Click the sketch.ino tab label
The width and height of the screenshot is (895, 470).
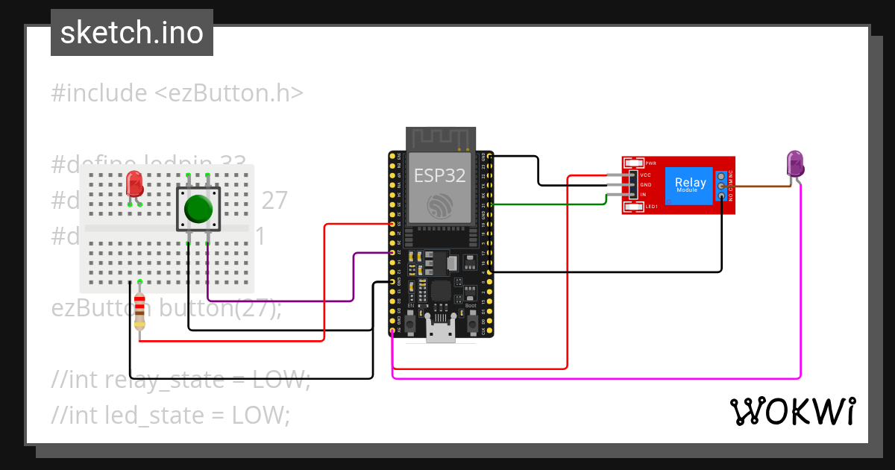(132, 33)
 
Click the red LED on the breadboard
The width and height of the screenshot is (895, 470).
(134, 184)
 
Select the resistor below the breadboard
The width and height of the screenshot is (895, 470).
(139, 311)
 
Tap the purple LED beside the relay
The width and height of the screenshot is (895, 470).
(795, 164)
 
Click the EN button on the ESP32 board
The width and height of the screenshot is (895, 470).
(411, 323)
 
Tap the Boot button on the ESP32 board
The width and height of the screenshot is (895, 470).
(471, 323)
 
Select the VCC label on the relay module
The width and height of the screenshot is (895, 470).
(646, 175)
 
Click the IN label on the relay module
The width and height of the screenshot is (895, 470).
(643, 195)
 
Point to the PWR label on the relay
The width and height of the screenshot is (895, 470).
(650, 163)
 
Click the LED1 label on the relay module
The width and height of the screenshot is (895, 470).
(651, 207)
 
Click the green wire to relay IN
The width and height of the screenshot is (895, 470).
(552, 203)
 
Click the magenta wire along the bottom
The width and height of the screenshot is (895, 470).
(597, 378)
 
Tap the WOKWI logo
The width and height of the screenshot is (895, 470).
(792, 411)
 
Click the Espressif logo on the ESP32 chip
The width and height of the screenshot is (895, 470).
(439, 207)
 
